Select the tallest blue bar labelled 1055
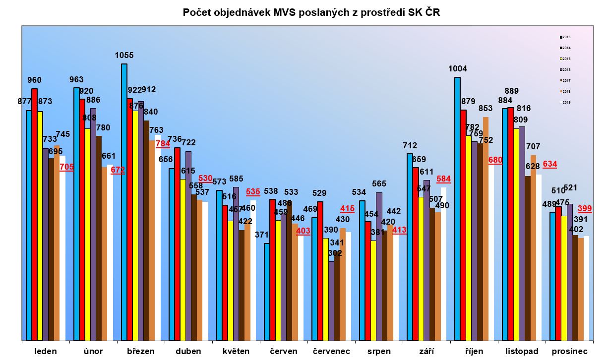pos(124,198)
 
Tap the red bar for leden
pos(34,213)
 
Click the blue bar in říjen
pos(457,208)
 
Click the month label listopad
pos(521,351)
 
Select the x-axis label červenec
pos(331,351)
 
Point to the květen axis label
pos(236,351)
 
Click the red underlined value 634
pos(550,164)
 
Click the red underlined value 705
pos(66,167)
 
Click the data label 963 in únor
pos(76,79)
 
